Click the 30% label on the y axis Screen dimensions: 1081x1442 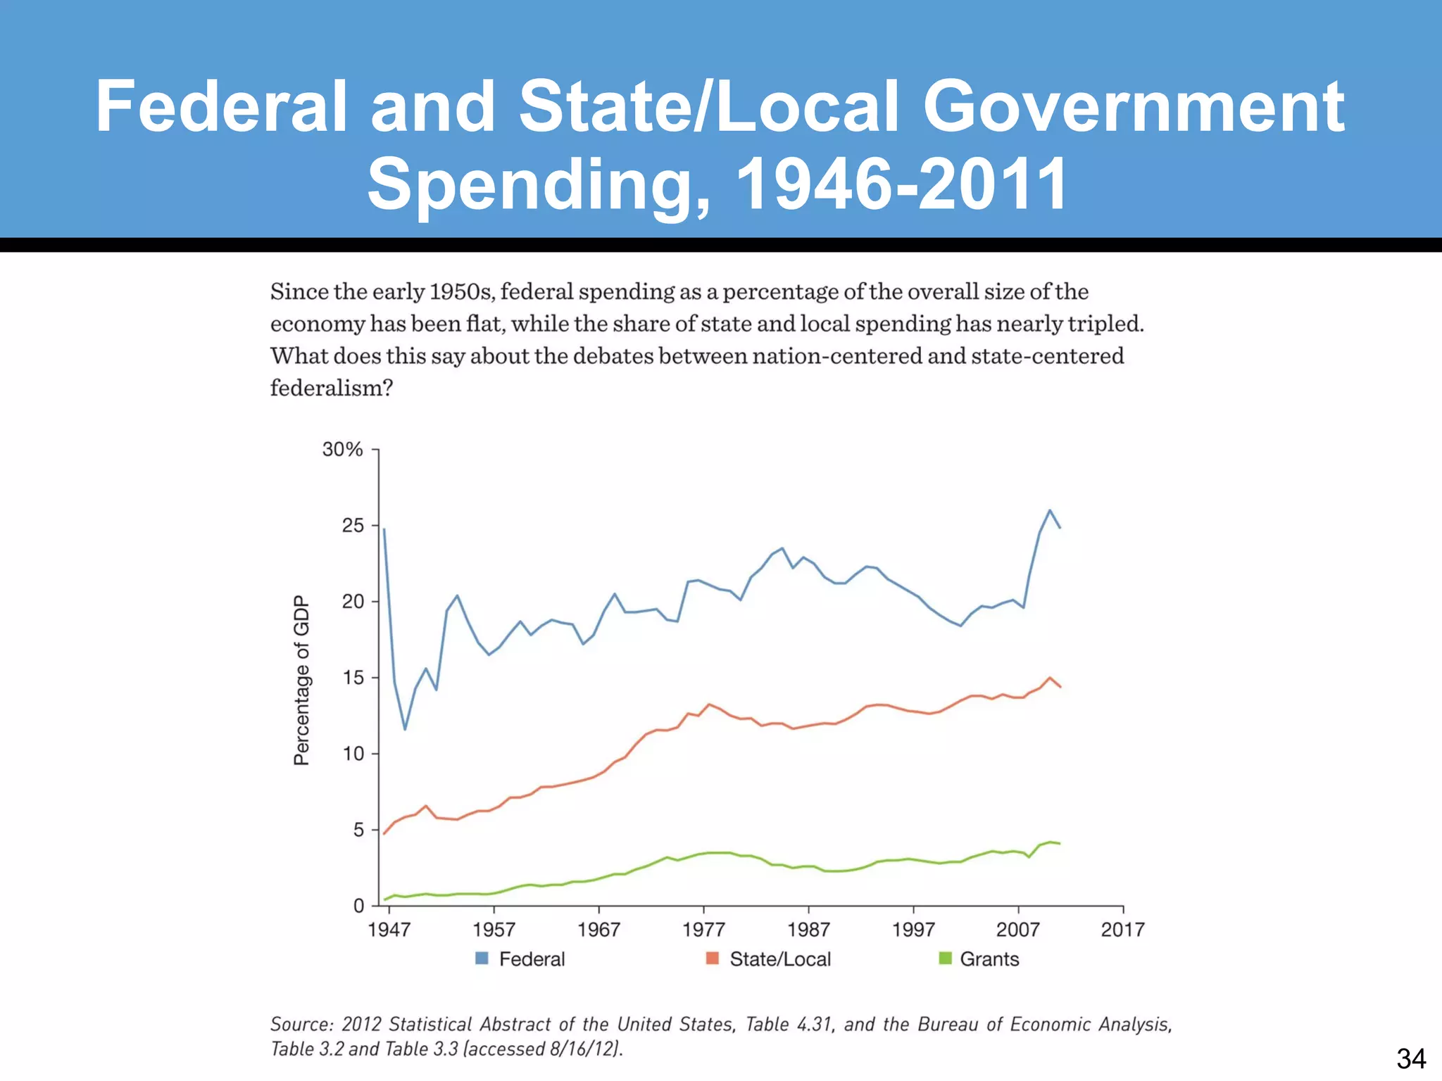click(342, 450)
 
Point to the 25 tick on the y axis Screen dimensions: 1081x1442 click(353, 526)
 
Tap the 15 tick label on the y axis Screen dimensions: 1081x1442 click(353, 678)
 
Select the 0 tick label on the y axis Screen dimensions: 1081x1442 click(358, 906)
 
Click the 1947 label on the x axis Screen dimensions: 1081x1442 click(389, 930)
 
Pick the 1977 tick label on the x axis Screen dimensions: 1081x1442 click(703, 930)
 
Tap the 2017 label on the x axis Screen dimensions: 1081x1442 click(1122, 930)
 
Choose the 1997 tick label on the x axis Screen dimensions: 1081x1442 click(913, 930)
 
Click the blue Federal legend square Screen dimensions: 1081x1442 click(482, 959)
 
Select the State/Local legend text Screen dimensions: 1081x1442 click(780, 959)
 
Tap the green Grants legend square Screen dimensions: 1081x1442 click(945, 959)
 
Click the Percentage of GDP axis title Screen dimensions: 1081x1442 click(301, 681)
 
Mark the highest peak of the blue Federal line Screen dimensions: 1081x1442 click(1050, 510)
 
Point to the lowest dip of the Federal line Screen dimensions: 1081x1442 click(405, 729)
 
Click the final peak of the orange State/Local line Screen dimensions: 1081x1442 click(1050, 678)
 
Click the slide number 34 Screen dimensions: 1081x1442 click(1411, 1058)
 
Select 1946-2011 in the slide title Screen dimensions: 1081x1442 click(902, 184)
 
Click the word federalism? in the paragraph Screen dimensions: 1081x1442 click(331, 388)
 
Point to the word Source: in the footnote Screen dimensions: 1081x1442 click(301, 1024)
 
